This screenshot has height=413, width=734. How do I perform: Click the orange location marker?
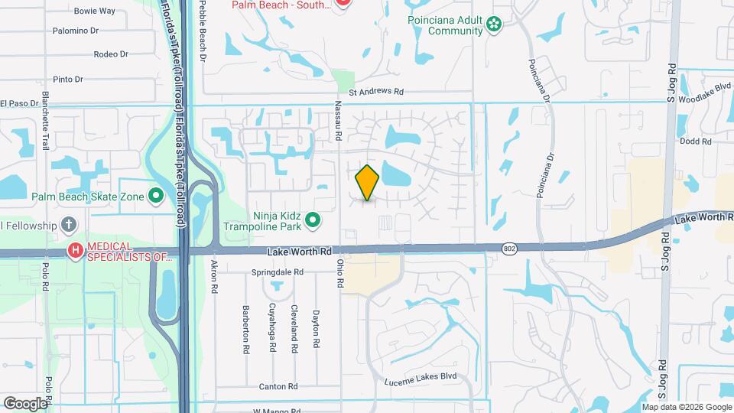click(x=367, y=182)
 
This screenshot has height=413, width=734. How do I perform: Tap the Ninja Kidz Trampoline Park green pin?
click(x=312, y=221)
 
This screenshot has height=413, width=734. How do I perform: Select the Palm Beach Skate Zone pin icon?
click(x=157, y=197)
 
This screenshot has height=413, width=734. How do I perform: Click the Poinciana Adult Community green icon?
click(x=494, y=25)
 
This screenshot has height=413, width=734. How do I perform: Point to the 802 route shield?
click(x=509, y=249)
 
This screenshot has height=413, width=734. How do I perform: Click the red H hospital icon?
click(x=75, y=250)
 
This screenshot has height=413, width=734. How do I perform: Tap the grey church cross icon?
click(x=69, y=225)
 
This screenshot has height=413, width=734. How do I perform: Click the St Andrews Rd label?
click(x=375, y=92)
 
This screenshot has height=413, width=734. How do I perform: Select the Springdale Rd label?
click(x=278, y=272)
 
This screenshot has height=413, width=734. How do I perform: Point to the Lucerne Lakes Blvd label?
click(x=420, y=376)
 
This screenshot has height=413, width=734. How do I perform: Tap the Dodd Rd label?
click(x=697, y=141)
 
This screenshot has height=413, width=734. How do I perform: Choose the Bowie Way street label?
click(x=94, y=11)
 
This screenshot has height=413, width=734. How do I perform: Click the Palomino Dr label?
click(x=75, y=31)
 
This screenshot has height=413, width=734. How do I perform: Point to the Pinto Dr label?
click(x=68, y=79)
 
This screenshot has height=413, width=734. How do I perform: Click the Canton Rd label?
click(x=277, y=386)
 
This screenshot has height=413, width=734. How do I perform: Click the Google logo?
click(x=24, y=403)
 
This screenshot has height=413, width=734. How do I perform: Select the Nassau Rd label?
click(x=337, y=122)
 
